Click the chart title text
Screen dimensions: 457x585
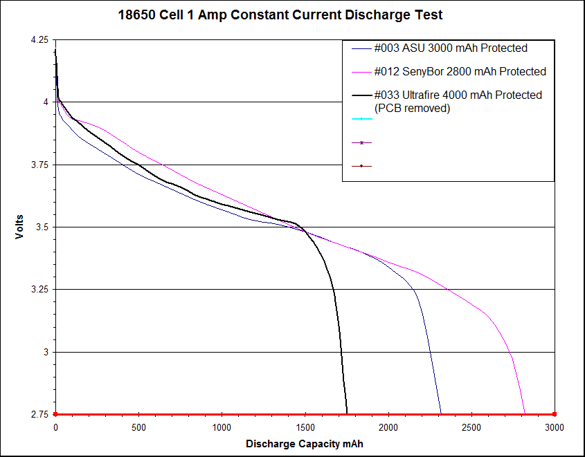(280, 15)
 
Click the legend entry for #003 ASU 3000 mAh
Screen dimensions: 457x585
(451, 48)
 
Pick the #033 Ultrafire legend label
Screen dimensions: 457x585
(458, 95)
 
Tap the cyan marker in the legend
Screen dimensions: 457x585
(361, 119)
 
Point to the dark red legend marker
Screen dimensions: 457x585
(361, 166)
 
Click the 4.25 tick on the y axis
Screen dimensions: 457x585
(39, 40)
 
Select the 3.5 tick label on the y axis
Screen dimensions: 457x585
(42, 227)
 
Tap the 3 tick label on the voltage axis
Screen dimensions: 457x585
(46, 352)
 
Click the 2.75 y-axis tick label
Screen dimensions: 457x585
(39, 414)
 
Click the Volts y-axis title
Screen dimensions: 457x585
(20, 227)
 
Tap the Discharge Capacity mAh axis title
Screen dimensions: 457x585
(304, 443)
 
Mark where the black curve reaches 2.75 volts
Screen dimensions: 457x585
(346, 413)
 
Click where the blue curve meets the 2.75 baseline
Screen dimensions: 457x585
(440, 413)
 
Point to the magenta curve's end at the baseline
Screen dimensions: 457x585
(525, 413)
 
